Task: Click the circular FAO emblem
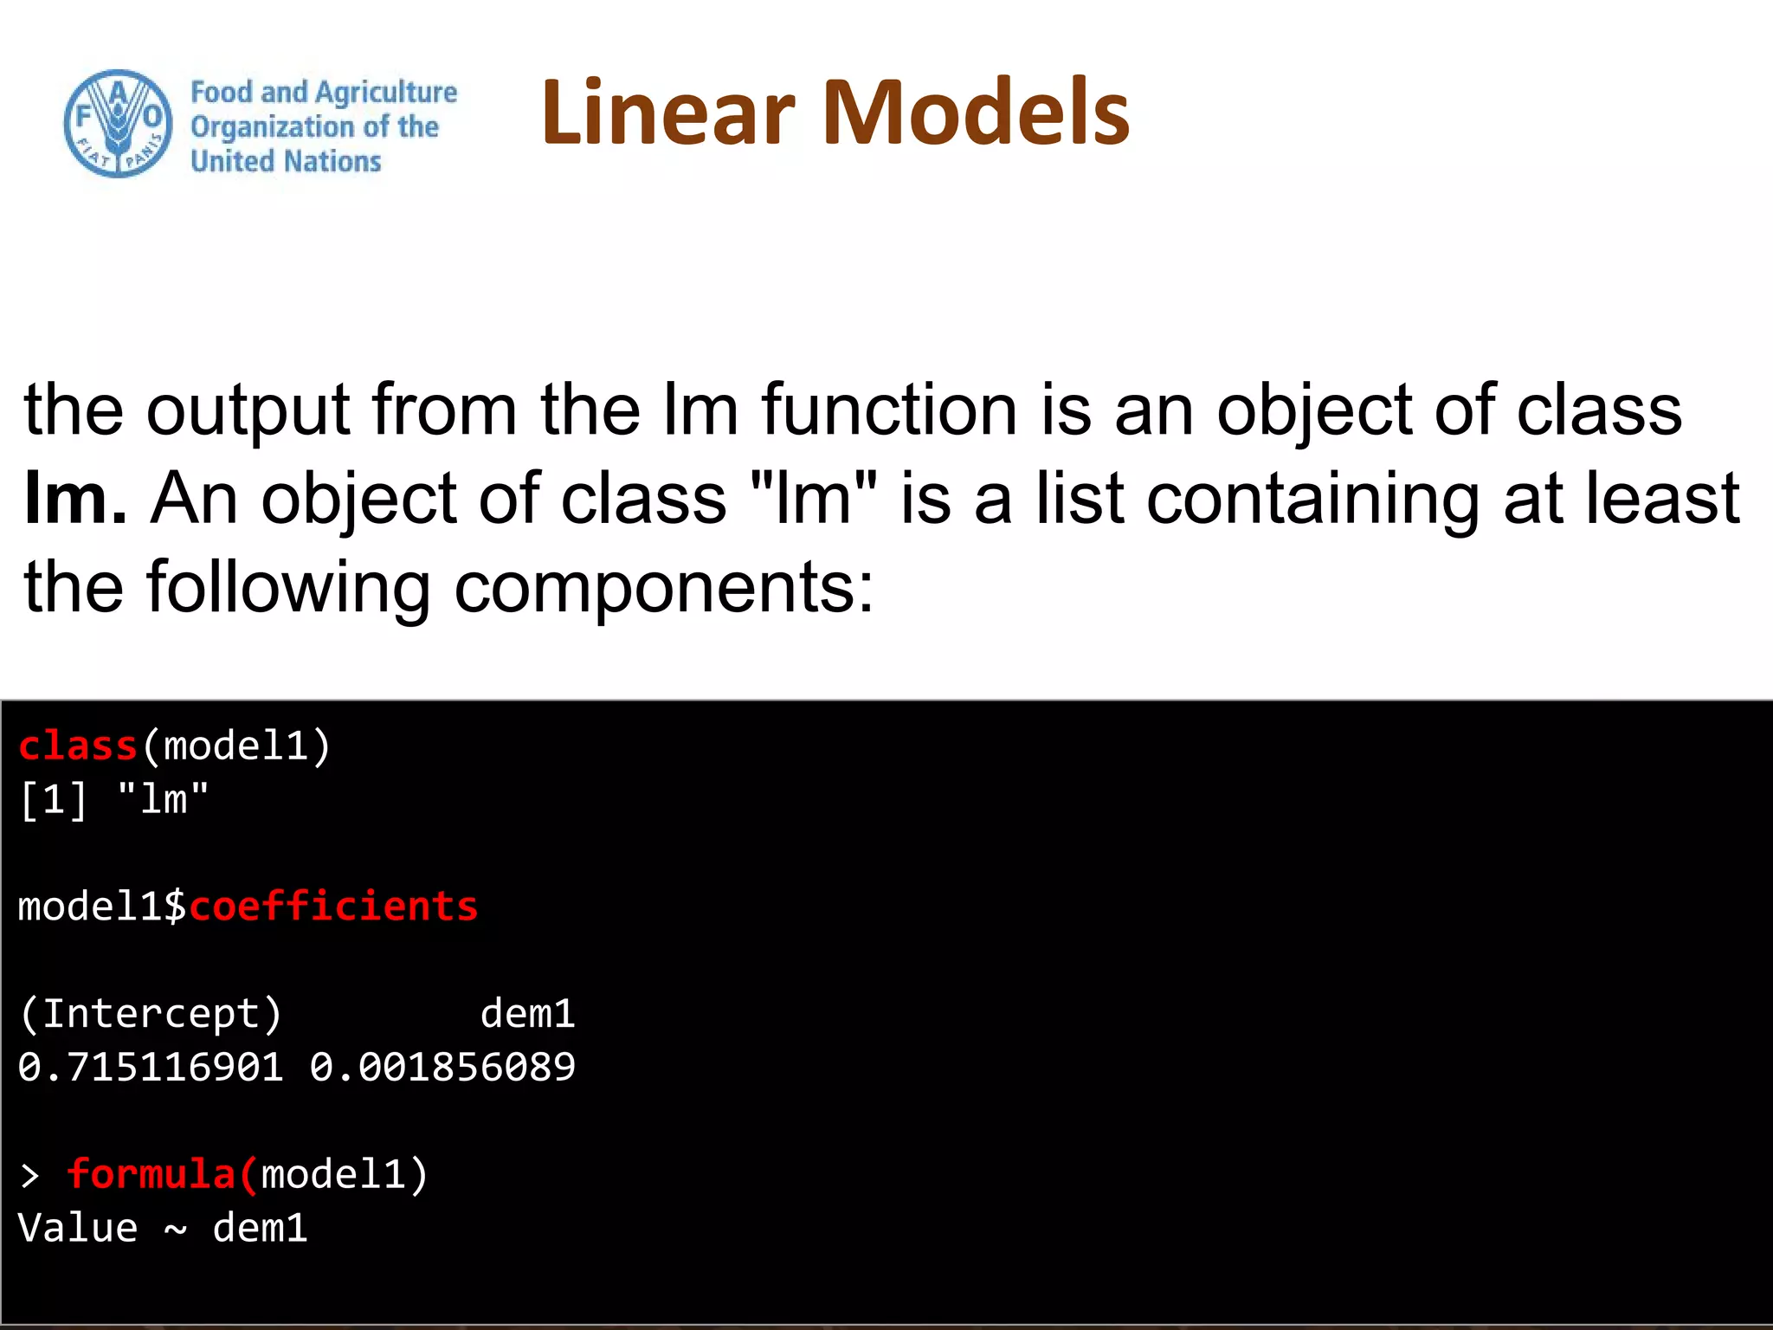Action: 118,124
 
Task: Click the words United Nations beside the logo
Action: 286,161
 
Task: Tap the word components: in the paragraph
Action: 664,589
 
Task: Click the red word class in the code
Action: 78,746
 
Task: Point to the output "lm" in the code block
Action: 163,799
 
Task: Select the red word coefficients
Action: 333,907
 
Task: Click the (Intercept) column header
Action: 151,1014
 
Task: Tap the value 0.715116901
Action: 151,1067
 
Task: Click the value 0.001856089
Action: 442,1067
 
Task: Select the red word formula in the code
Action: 151,1175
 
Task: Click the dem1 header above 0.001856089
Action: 527,1014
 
